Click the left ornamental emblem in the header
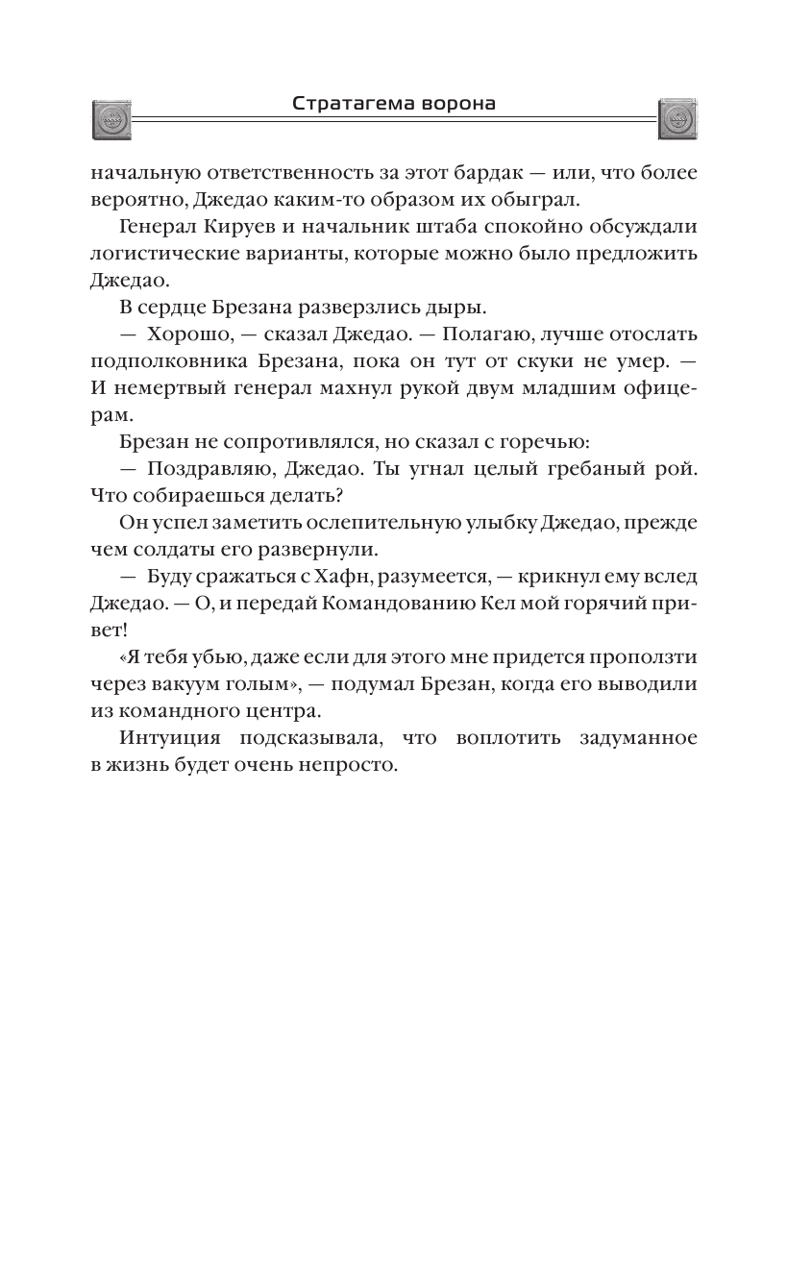pos(111,118)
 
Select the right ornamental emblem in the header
pos(677,118)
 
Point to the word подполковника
pos(160,361)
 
